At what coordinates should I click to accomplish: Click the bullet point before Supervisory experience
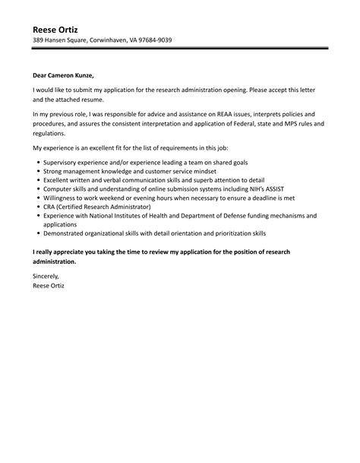pyautogui.click(x=38, y=163)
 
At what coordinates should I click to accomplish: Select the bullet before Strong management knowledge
pyautogui.click(x=38, y=172)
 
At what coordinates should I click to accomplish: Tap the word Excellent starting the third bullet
pyautogui.click(x=58, y=180)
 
